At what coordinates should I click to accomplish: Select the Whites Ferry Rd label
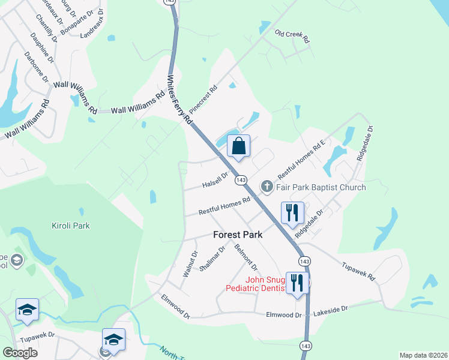coord(179,100)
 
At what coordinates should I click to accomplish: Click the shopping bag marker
coord(239,146)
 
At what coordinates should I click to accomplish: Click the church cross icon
coord(267,187)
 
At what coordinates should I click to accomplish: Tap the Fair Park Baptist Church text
coord(321,187)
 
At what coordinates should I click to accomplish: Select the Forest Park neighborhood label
coord(238,235)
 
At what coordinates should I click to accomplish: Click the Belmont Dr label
coord(246,257)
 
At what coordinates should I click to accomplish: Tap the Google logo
coord(20,353)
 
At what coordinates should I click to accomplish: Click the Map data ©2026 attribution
coord(423,355)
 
